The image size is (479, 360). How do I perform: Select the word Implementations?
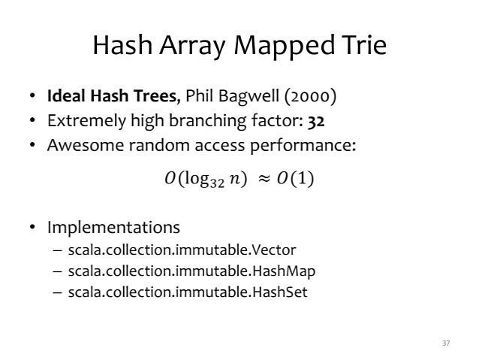pyautogui.click(x=113, y=226)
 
